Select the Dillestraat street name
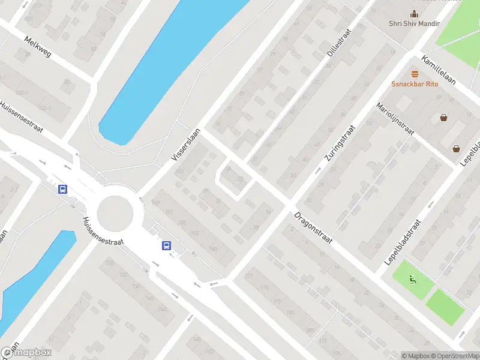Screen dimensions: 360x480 338,42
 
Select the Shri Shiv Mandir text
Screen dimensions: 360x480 414,23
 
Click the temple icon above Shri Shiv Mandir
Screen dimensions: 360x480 414,14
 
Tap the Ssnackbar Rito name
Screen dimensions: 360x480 415,83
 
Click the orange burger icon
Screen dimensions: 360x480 415,74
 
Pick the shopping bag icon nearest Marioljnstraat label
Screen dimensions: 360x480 443,118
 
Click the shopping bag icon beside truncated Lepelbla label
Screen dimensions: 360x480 457,149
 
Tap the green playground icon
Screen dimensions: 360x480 412,278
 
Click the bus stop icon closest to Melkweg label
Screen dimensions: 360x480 62,189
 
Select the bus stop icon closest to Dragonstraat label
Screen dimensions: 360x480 166,245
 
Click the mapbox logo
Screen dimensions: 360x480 27,353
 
